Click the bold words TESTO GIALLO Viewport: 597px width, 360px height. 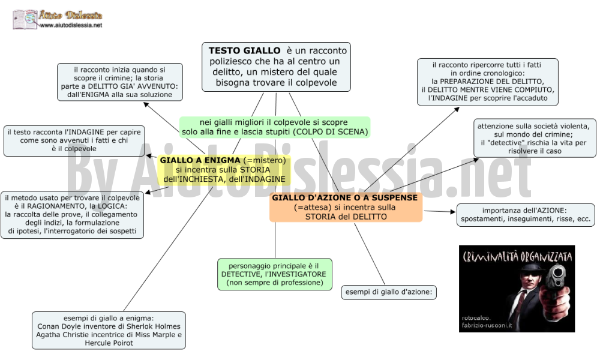pyautogui.click(x=244, y=50)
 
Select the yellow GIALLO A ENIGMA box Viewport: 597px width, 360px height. pyautogui.click(x=224, y=170)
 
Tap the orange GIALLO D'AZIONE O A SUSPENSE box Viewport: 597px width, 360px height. pyautogui.click(x=346, y=207)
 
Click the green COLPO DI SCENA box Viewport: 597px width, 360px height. pyautogui.click(x=275, y=127)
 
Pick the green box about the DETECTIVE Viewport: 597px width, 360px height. pyautogui.click(x=275, y=274)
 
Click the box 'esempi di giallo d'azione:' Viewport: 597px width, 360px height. pyautogui.click(x=389, y=292)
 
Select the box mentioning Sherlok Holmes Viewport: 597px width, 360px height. pyautogui.click(x=109, y=331)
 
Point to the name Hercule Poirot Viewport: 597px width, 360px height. pyautogui.click(x=109, y=343)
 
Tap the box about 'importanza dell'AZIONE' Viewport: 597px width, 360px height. pyautogui.click(x=526, y=215)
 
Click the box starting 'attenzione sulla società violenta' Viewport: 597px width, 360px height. pyautogui.click(x=535, y=138)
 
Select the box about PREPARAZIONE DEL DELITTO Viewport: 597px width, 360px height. pyautogui.click(x=488, y=82)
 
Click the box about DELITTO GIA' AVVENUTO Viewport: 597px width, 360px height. pyautogui.click(x=120, y=82)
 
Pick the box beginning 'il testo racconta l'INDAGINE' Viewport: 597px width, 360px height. pyautogui.click(x=74, y=141)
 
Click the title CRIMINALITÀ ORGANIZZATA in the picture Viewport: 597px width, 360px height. pyautogui.click(x=517, y=256)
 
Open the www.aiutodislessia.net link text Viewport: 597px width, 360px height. pyautogui.click(x=71, y=25)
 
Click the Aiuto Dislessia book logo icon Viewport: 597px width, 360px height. pyautogui.click(x=25, y=19)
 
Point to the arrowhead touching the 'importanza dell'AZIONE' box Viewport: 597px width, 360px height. pyautogui.click(x=453, y=212)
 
